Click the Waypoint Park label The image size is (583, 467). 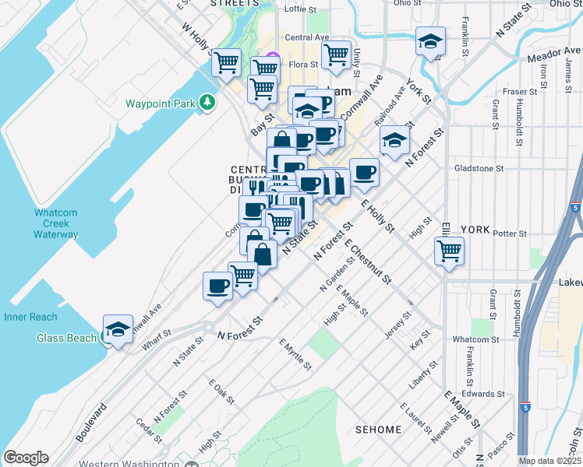(160, 103)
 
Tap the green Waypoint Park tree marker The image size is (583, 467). (207, 102)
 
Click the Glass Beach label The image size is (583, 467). (66, 338)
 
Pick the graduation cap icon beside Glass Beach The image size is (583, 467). (117, 329)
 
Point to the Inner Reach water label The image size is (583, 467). (31, 317)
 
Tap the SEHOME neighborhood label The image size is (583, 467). (378, 430)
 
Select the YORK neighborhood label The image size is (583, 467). (475, 230)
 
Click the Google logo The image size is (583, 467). (26, 458)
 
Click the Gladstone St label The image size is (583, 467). (479, 167)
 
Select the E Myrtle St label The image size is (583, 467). (295, 355)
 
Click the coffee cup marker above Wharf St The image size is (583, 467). (217, 286)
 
